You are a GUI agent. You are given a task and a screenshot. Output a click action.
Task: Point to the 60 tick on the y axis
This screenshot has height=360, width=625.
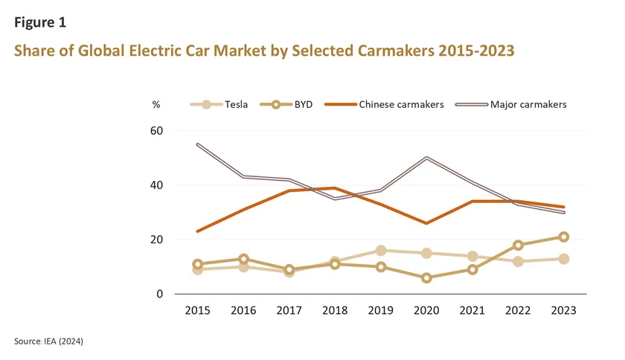point(157,130)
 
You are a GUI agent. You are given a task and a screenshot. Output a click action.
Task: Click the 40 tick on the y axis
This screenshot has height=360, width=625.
point(157,185)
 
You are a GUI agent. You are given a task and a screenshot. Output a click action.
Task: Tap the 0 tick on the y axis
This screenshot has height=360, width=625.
point(160,295)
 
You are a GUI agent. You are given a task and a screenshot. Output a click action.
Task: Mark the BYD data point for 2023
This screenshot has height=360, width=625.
point(563,237)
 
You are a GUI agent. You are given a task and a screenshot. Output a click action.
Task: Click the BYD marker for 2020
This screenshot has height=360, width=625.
point(426,277)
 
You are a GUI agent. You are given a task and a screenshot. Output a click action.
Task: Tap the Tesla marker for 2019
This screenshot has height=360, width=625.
point(380,251)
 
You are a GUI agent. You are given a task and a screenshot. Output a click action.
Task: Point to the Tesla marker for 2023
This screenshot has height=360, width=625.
point(563,259)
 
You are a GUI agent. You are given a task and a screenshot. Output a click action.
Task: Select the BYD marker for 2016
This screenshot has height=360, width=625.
point(243,259)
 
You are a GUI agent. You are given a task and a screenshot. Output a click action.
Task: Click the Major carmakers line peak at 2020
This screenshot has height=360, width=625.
point(426,158)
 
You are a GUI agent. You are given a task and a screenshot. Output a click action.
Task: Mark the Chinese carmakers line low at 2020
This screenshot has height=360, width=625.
point(426,223)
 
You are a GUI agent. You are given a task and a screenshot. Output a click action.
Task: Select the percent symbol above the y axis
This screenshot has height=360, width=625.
point(156,105)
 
